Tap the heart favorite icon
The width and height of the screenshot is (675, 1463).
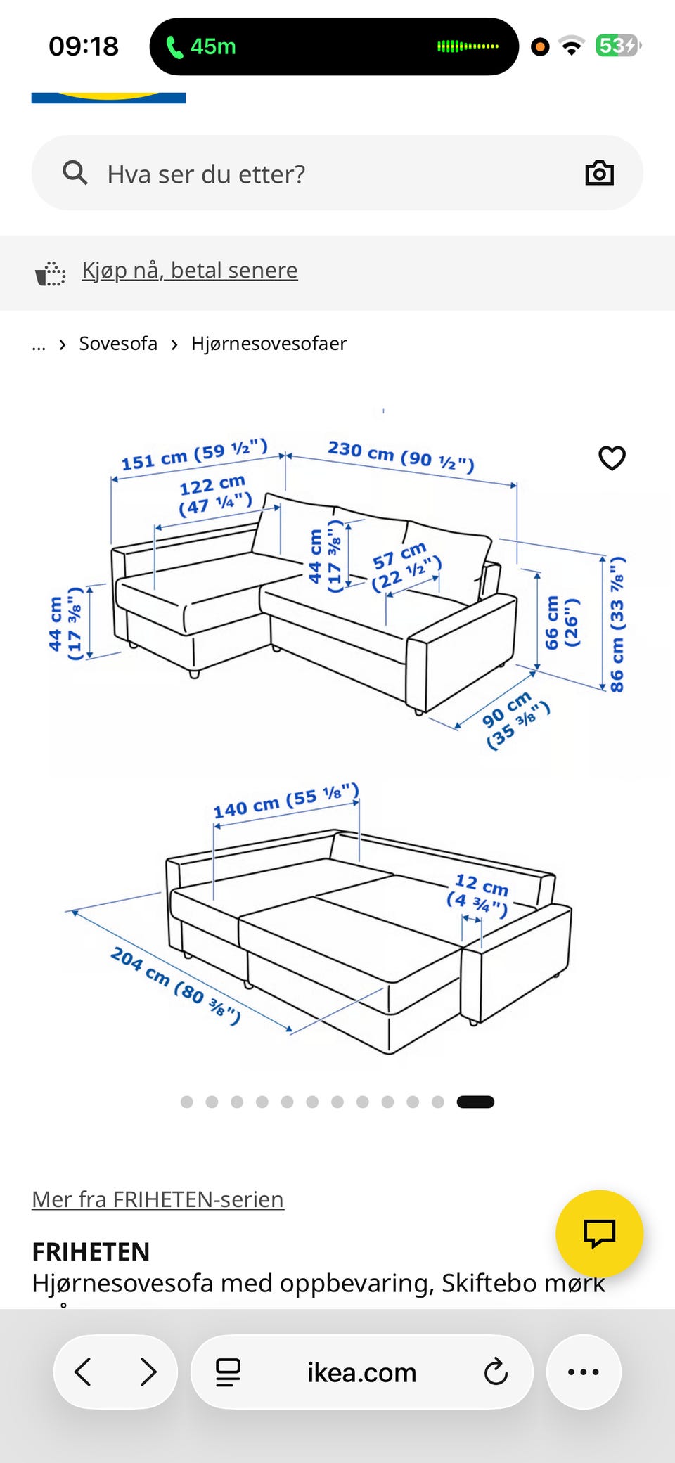(x=612, y=458)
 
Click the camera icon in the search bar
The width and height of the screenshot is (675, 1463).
(x=600, y=173)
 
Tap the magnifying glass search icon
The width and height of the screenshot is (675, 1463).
(x=75, y=172)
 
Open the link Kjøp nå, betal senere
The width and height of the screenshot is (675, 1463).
(x=190, y=270)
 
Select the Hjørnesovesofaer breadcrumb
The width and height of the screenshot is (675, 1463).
(x=269, y=344)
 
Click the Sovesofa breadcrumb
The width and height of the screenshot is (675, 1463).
(x=118, y=344)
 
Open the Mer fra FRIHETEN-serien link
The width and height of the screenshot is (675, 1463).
(x=157, y=1199)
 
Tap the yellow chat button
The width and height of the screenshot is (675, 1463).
(x=599, y=1233)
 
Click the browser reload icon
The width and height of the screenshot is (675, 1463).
(x=496, y=1372)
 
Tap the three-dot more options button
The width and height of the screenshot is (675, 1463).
(x=584, y=1372)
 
